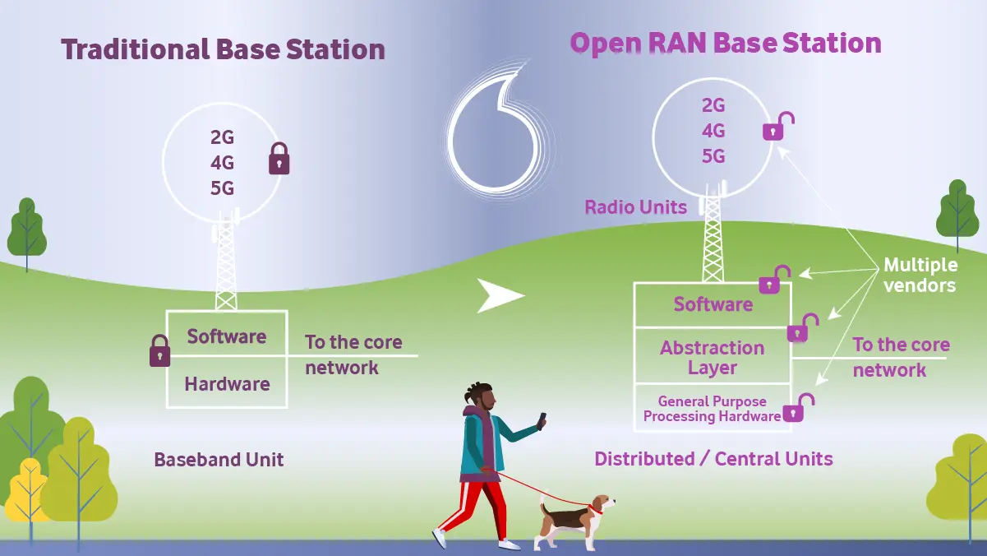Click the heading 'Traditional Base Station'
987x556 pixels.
click(223, 49)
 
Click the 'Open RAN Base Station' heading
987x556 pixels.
click(726, 44)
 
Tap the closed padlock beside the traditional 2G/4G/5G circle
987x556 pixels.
click(279, 158)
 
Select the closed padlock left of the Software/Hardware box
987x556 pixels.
click(160, 351)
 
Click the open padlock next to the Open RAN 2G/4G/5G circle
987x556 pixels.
click(777, 127)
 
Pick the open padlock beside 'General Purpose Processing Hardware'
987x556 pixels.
click(799, 408)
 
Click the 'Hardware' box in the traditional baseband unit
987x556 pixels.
click(228, 382)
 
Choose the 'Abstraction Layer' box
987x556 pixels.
click(713, 356)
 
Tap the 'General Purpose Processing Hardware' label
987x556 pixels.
click(712, 409)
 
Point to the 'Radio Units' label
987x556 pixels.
click(635, 207)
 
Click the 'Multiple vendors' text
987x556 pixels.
click(920, 276)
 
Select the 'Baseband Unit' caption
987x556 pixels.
click(219, 460)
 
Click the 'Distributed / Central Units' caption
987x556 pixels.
click(713, 459)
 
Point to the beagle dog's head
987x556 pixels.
click(602, 504)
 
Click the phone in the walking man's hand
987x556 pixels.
click(542, 420)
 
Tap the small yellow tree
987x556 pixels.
click(27, 490)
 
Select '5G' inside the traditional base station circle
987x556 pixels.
click(222, 188)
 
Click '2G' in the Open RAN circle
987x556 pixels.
click(713, 105)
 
